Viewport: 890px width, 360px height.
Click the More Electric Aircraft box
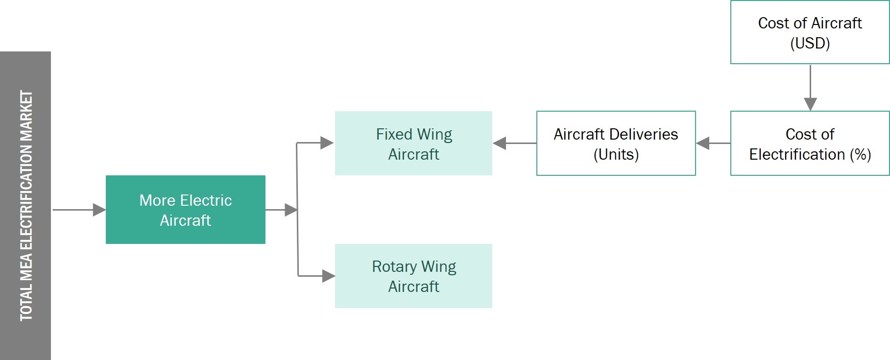coord(185,210)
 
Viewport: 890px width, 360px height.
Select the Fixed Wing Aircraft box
coord(413,144)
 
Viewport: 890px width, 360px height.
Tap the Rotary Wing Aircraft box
coord(413,276)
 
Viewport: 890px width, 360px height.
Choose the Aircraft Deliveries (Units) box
coord(616,144)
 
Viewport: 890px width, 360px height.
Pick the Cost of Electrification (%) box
coord(810,144)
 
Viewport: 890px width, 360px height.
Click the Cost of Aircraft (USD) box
coord(810,32)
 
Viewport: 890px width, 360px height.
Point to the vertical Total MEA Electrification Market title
coord(26,206)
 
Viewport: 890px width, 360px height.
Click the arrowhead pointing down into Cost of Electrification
coord(810,104)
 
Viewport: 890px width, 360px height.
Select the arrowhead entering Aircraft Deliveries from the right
coord(703,144)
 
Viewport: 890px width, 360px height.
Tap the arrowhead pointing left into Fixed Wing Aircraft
coord(500,144)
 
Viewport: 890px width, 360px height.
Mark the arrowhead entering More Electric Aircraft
coord(99,210)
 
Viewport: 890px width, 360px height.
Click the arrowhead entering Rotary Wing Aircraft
coord(328,276)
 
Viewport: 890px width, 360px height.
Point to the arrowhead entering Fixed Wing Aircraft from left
coord(327,143)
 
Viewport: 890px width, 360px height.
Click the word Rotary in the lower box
coord(394,266)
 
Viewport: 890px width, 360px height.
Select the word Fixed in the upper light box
coord(394,134)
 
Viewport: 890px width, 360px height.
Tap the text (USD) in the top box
coord(810,43)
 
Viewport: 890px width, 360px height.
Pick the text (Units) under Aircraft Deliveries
coord(616,154)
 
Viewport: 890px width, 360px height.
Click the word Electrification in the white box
coord(797,154)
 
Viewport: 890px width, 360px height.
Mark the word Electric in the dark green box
coord(206,200)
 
